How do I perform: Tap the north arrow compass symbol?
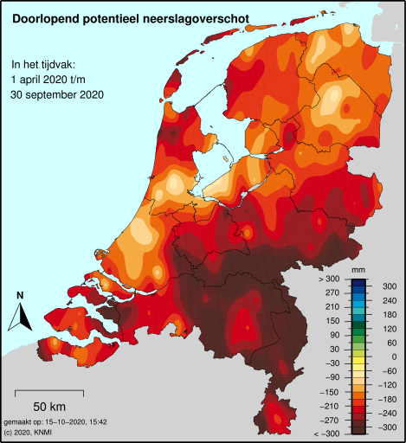(19, 319)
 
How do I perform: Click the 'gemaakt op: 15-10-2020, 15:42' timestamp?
(55, 421)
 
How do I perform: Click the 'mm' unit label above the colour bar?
(358, 271)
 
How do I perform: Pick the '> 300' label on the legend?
(329, 279)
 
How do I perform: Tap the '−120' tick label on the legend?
(388, 385)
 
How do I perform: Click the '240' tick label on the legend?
(388, 300)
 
